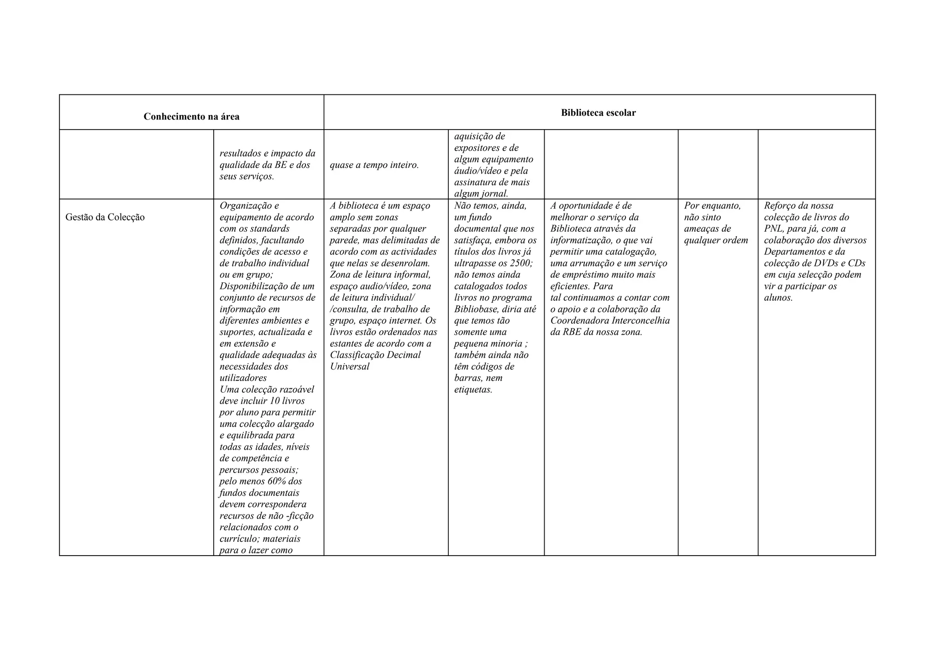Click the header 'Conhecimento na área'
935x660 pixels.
coord(191,117)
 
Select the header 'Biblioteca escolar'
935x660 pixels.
coord(598,113)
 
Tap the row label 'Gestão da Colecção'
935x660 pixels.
coord(105,218)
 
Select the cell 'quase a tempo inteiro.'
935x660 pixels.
coord(374,165)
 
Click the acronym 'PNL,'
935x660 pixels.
coord(774,229)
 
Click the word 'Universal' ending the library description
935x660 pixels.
coord(350,367)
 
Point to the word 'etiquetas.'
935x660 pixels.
coord(473,390)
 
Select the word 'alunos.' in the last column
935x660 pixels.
coord(778,298)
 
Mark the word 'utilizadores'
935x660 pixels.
coord(243,378)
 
